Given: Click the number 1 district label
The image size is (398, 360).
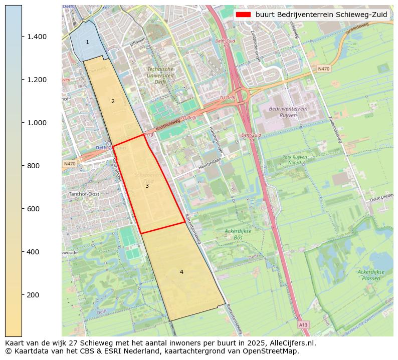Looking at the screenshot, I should click(x=87, y=43).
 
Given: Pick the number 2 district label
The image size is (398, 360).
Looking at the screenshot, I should click(x=113, y=101).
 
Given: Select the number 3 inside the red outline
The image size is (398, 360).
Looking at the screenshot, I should click(x=147, y=186).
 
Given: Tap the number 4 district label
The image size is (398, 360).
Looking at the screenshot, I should click(x=181, y=272).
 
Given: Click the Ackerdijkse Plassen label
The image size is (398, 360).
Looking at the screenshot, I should click(x=370, y=274).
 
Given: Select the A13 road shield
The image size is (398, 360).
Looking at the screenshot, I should click(x=303, y=325).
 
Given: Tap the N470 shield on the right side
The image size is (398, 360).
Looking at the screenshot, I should click(x=324, y=69).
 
